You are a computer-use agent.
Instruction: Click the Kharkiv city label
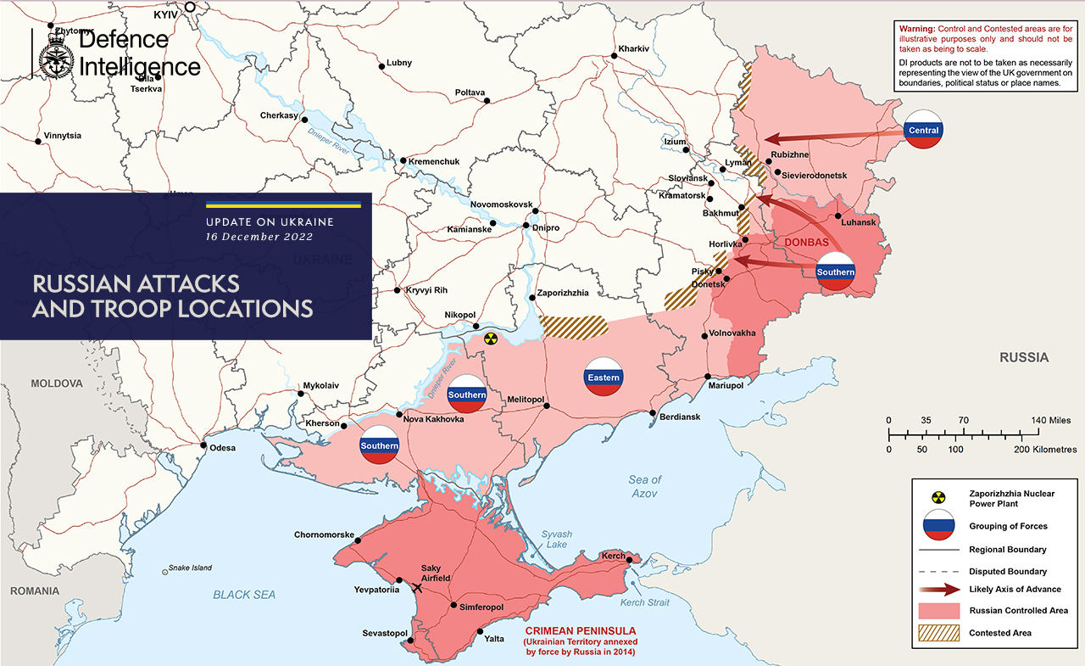click(x=633, y=48)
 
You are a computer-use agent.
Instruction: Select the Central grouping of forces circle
click(x=923, y=130)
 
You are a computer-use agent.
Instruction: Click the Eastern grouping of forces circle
click(x=603, y=377)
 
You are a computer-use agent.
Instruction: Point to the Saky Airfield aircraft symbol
click(x=417, y=587)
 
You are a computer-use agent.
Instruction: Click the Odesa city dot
click(x=203, y=445)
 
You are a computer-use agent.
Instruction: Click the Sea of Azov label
click(x=645, y=486)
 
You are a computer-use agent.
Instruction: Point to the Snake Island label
click(x=191, y=568)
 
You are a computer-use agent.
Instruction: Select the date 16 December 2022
click(x=256, y=237)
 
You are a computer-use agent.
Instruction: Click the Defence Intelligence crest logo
click(x=55, y=54)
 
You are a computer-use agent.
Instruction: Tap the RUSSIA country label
click(x=1023, y=357)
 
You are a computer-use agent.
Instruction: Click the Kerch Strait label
click(x=643, y=602)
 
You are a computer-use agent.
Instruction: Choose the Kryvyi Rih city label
click(x=426, y=290)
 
